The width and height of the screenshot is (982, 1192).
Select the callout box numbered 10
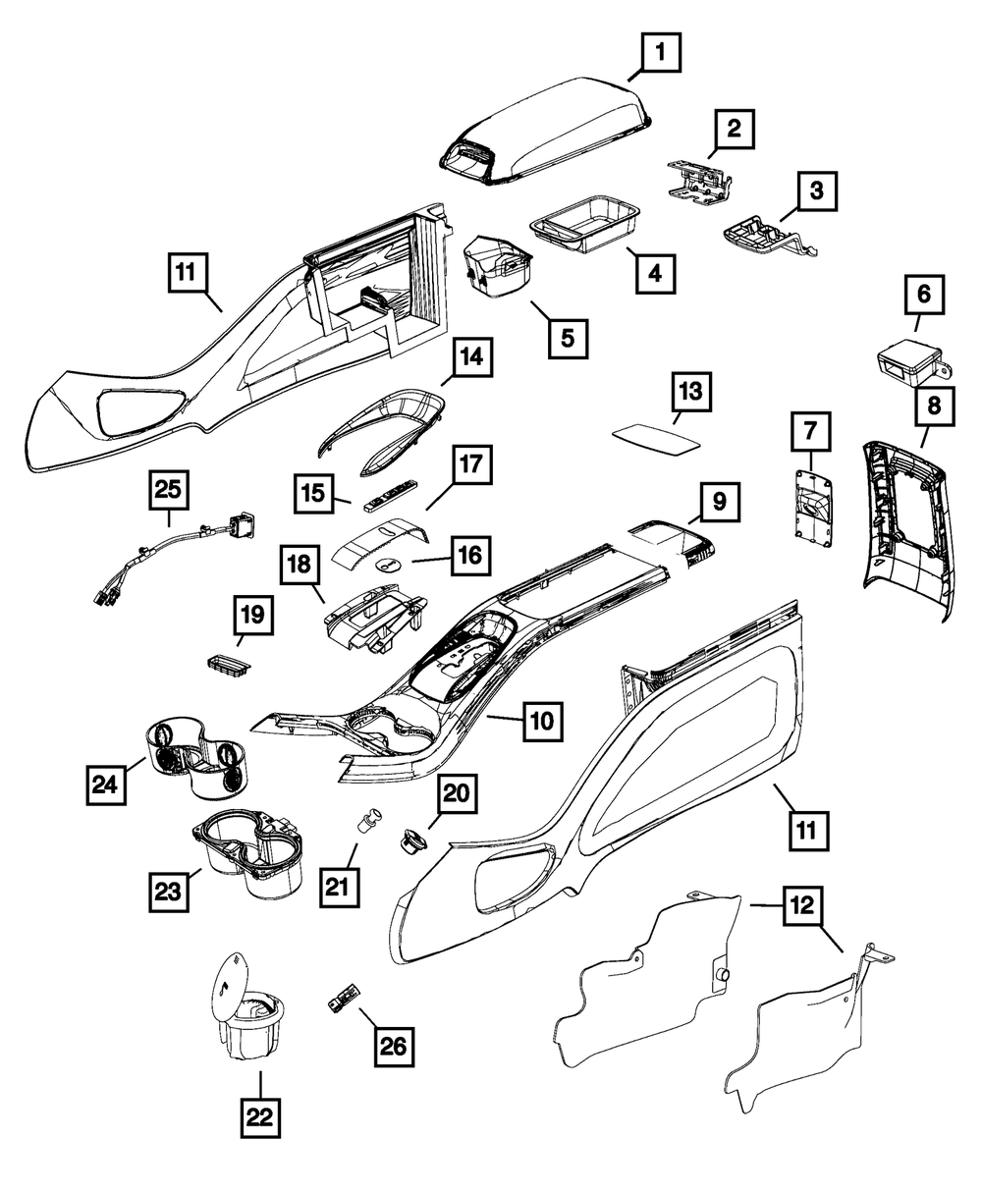(x=541, y=722)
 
